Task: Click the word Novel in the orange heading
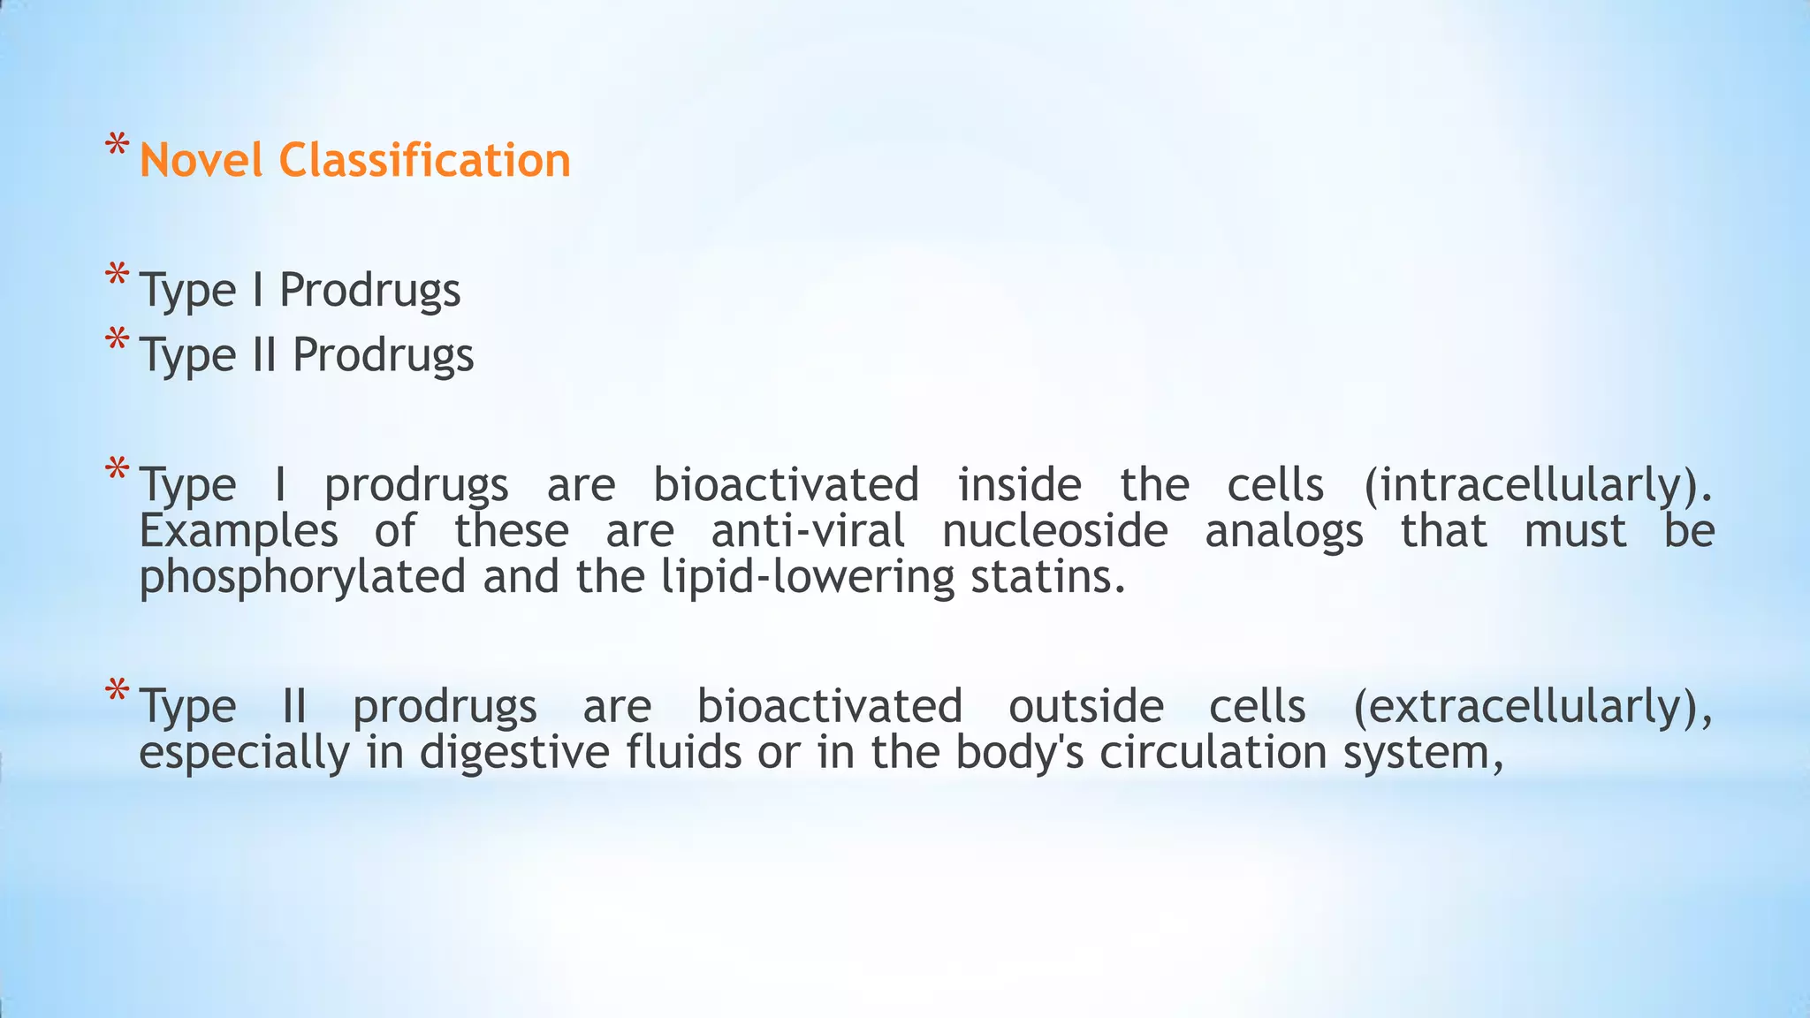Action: pos(201,161)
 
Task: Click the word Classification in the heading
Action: pos(424,161)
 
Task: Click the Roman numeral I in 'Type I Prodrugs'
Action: pos(258,289)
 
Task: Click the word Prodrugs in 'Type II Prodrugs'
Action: pos(383,355)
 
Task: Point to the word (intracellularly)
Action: pos(1537,484)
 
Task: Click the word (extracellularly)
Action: pos(1532,706)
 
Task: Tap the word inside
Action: pos(1019,484)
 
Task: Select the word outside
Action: pos(1085,706)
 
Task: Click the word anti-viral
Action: pos(808,531)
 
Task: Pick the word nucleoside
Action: pos(1054,531)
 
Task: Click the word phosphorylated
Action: pos(302,577)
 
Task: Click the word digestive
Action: pos(514,753)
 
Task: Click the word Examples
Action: pos(239,531)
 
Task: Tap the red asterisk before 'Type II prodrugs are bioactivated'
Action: pos(117,691)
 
